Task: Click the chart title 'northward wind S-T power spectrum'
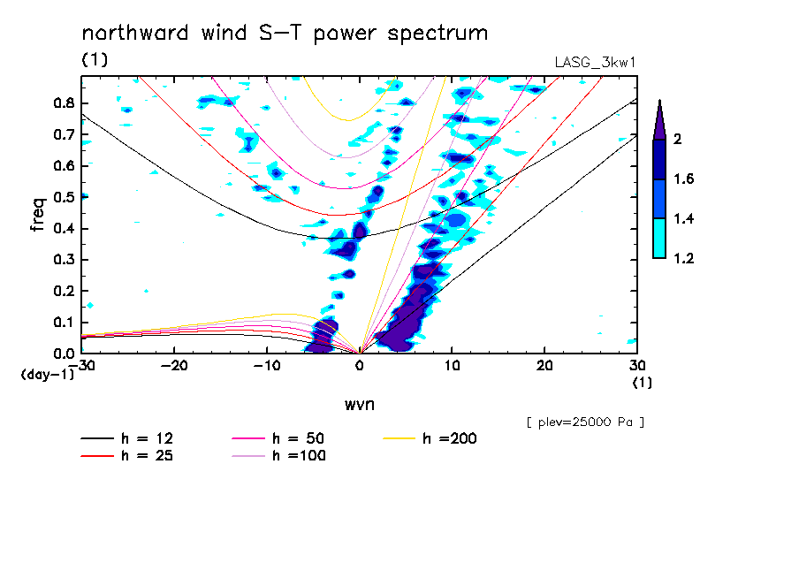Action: pos(285,34)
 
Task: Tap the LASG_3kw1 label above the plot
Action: pos(594,63)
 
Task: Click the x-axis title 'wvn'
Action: pos(358,405)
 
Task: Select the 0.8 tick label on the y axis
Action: pos(62,103)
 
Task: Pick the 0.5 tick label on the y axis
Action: pos(62,197)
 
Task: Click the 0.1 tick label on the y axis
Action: pos(62,323)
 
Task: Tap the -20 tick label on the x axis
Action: pos(174,366)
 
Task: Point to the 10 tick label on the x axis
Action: pos(452,366)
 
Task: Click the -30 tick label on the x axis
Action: pos(81,366)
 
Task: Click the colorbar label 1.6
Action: pos(683,179)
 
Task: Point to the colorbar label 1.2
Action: pos(683,259)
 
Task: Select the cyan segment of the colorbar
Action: pos(659,239)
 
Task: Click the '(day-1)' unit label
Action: pos(47,375)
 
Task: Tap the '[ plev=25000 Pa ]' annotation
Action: pos(585,422)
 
